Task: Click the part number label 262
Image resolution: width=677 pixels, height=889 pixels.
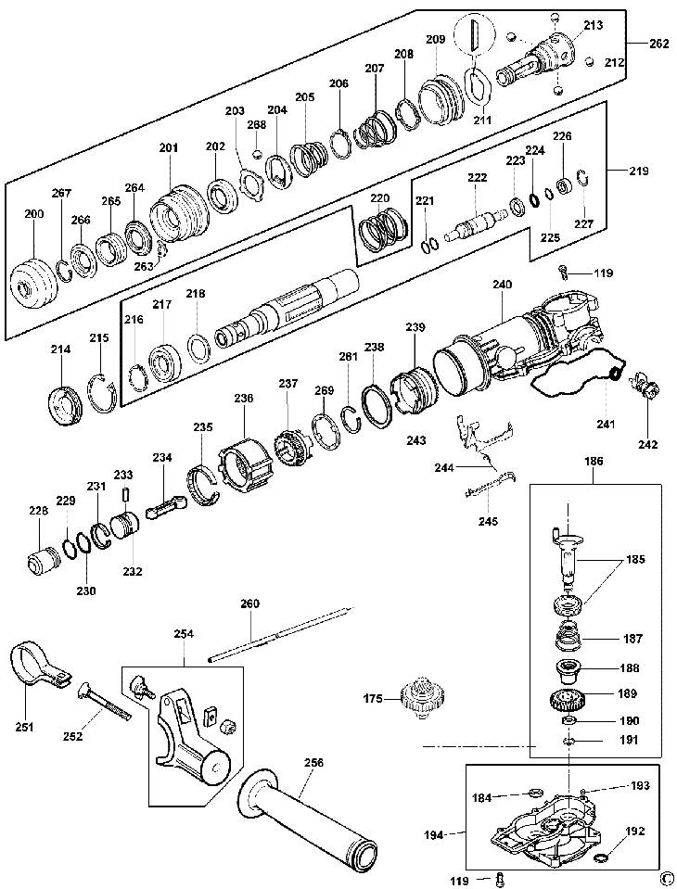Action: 660,43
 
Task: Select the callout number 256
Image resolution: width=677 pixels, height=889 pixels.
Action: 313,763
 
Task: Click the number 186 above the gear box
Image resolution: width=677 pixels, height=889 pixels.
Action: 593,460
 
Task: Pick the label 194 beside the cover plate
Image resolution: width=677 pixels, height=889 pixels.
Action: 444,834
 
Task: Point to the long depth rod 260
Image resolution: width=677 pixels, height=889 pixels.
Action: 278,634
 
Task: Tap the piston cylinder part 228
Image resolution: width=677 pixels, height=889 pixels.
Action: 43,562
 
